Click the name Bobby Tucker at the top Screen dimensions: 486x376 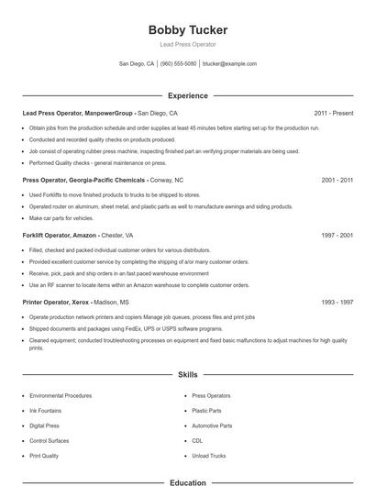[x=187, y=30]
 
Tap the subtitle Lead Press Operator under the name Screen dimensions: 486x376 [x=187, y=44]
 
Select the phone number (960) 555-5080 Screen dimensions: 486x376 [x=179, y=64]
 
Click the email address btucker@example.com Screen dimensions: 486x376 [x=229, y=64]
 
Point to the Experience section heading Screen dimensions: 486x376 [x=187, y=95]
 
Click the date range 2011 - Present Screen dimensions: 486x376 [x=333, y=113]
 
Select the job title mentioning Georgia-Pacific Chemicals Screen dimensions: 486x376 [x=83, y=181]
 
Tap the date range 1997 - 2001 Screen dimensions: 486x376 [x=337, y=235]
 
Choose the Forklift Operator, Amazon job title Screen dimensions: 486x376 [x=61, y=235]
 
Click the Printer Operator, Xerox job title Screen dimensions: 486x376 [x=57, y=302]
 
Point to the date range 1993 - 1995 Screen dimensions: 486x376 [x=337, y=302]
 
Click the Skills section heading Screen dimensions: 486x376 [x=187, y=375]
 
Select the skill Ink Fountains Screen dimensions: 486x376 [x=47, y=411]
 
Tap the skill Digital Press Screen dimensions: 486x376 [x=45, y=425]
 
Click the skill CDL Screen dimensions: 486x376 [x=197, y=440]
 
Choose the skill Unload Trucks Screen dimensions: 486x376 [x=210, y=455]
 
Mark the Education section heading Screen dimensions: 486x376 [x=187, y=481]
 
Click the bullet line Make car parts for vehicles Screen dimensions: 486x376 [x=62, y=219]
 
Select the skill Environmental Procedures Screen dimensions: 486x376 [x=61, y=396]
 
